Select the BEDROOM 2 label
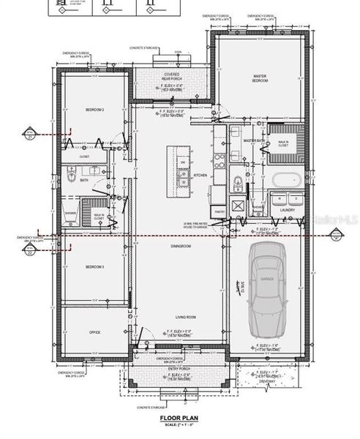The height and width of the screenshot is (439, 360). [x=94, y=110]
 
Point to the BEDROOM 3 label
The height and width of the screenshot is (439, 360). [x=94, y=267]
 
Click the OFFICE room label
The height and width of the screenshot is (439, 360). [x=94, y=332]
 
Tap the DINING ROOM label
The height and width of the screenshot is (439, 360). [x=181, y=246]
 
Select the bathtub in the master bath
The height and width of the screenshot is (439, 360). [x=282, y=179]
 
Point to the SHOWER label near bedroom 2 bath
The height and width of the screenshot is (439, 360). [x=71, y=214]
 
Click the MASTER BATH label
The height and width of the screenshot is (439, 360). [x=254, y=140]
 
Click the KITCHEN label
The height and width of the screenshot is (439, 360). [x=200, y=176]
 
